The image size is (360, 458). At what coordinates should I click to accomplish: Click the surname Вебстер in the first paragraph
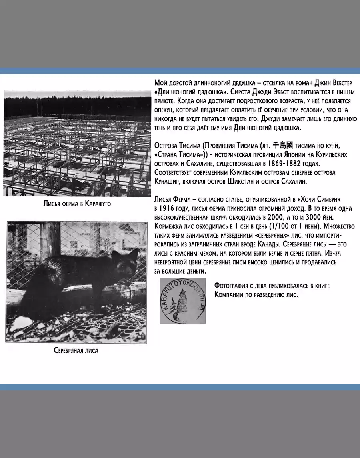click(339, 83)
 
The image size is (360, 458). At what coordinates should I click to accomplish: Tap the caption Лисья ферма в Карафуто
click(77, 204)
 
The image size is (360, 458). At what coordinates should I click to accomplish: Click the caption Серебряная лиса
click(76, 351)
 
